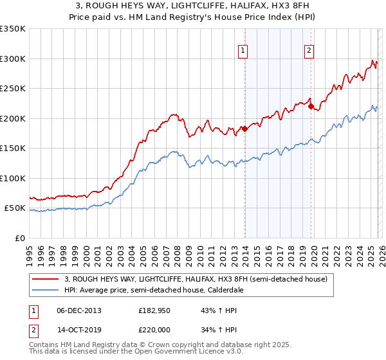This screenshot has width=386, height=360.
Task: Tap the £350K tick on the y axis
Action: click(13, 29)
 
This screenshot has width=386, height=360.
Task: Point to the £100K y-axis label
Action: click(13, 178)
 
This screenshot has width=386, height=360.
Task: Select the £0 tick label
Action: click(19, 238)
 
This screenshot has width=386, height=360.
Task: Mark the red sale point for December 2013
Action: click(244, 129)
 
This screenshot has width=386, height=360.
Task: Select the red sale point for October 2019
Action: click(311, 107)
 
